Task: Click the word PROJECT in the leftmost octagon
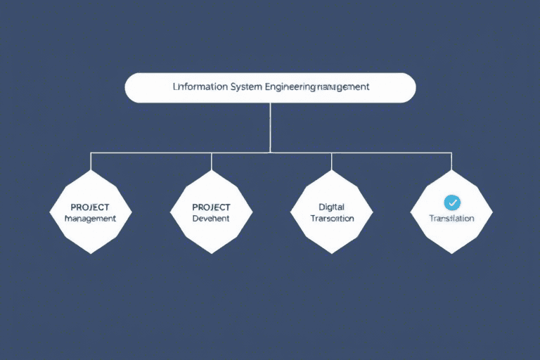90,207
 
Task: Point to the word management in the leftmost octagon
90,219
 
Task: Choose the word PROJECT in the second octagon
211,207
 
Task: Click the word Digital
332,207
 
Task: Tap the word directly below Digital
332,219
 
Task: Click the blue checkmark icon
452,202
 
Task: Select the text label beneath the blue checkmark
452,219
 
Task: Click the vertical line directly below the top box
271,127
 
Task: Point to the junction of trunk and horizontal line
271,152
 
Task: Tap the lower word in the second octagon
211,219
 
